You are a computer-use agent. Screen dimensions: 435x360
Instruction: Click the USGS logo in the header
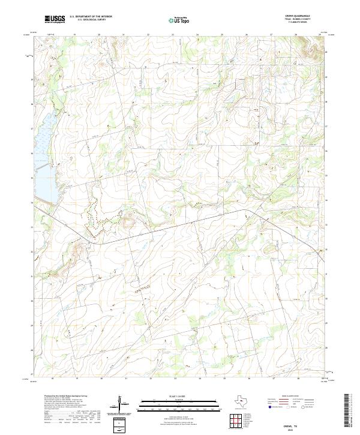click(x=55, y=19)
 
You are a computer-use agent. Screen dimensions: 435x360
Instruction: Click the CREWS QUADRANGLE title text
click(x=301, y=16)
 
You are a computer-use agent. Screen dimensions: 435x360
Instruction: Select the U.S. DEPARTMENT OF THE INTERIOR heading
click(x=91, y=17)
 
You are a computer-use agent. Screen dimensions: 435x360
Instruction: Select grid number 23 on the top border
click(x=173, y=35)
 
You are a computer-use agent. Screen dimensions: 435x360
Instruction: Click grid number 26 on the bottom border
click(x=247, y=379)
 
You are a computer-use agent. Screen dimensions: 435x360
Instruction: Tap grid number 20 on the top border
click(x=99, y=35)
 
